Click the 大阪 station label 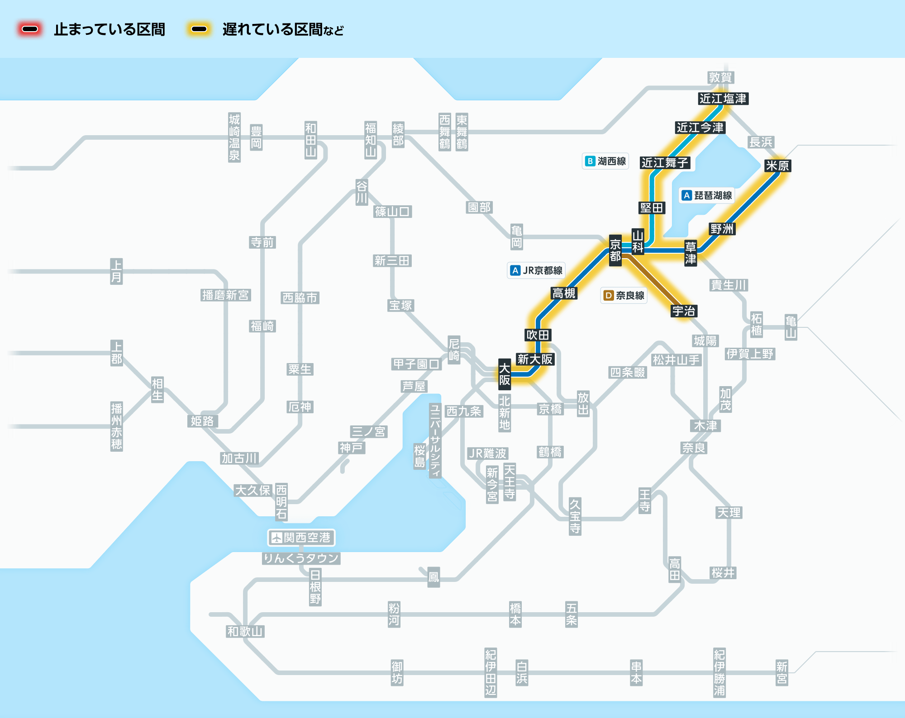click(x=505, y=374)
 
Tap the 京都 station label click(x=615, y=250)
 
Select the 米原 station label click(x=777, y=166)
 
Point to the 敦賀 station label click(x=720, y=77)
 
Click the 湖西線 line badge click(x=605, y=161)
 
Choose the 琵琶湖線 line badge click(x=707, y=195)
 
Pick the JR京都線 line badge click(x=536, y=270)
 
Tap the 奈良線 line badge click(x=624, y=295)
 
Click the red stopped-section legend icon click(x=30, y=29)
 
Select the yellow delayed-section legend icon click(x=199, y=29)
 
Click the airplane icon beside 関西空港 click(x=276, y=538)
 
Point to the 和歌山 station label click(x=245, y=632)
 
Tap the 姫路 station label click(x=202, y=421)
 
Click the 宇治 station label click(x=684, y=311)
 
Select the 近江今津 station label click(x=700, y=128)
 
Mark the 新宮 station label click(x=782, y=673)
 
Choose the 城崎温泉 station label click(x=234, y=137)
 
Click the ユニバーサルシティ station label click(x=435, y=440)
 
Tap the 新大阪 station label click(x=535, y=359)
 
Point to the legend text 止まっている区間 click(x=110, y=30)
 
